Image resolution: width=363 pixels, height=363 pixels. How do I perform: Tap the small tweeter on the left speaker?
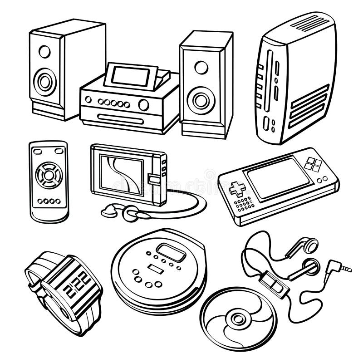(44, 51)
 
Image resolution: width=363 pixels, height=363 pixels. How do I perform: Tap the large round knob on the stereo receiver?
(143, 105)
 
